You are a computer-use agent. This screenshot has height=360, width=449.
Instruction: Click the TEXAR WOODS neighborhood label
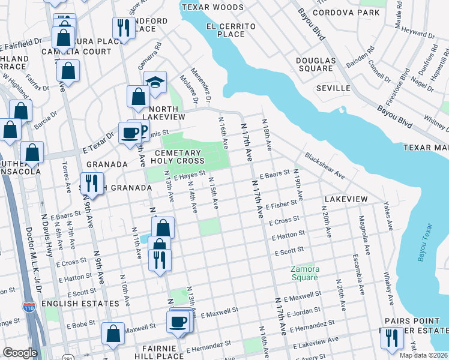click(212, 7)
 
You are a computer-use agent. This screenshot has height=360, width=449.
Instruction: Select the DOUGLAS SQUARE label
click(315, 64)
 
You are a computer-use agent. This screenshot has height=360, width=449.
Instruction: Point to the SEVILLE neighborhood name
click(333, 88)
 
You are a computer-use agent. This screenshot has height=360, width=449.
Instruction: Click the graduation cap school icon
click(155, 83)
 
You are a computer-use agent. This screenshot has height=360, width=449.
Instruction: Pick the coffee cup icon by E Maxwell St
click(178, 322)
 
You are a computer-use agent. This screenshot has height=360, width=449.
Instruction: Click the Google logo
click(20, 353)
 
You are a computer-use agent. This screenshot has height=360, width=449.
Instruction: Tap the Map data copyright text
click(423, 355)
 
